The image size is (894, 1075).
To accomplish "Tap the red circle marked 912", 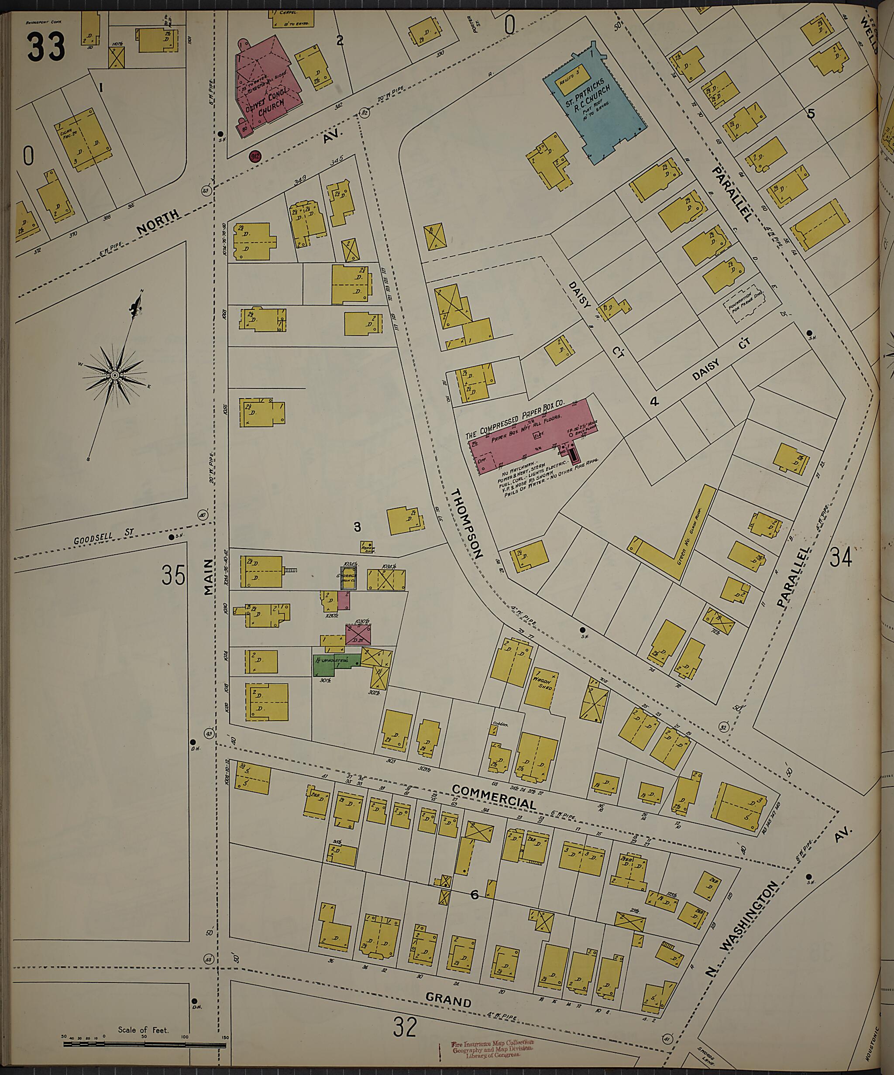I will (254, 156).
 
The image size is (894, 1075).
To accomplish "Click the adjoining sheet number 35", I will (173, 574).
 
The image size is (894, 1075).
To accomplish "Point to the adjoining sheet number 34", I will (841, 557).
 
